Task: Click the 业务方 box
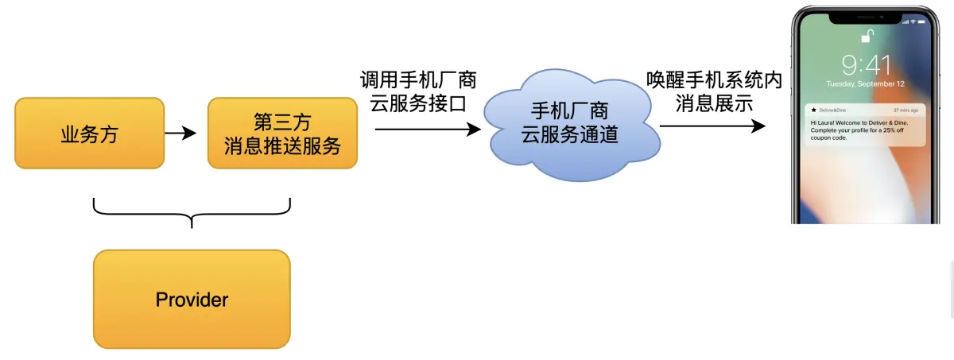click(89, 134)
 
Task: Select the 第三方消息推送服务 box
click(282, 134)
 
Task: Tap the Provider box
click(192, 300)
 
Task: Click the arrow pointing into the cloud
click(428, 128)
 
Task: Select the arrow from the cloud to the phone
click(712, 126)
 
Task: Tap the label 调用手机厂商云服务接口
click(418, 91)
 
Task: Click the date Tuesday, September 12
click(866, 83)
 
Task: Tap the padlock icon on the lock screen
click(868, 37)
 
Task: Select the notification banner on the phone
click(866, 124)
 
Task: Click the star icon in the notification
click(813, 110)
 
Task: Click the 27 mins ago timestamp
click(906, 110)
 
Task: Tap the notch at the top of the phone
click(867, 14)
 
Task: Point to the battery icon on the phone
click(922, 21)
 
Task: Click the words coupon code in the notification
click(829, 137)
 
